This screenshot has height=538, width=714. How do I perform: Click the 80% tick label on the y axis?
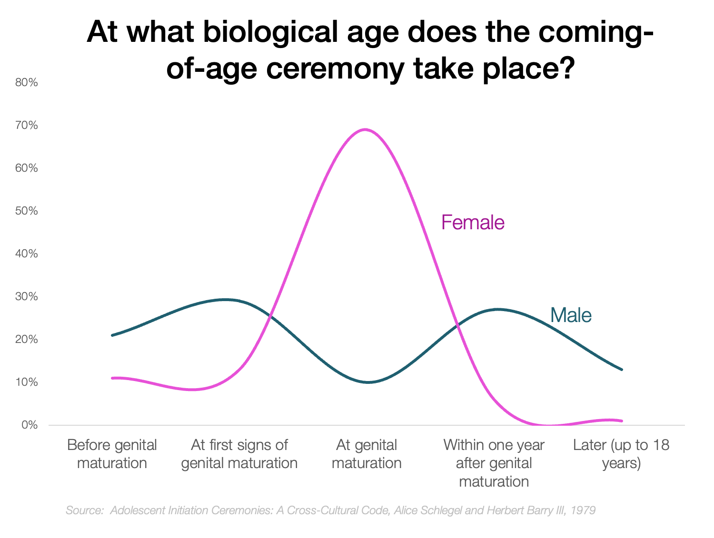click(27, 83)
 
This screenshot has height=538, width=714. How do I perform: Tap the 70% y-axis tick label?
click(27, 126)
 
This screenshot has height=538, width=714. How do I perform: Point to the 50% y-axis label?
click(27, 211)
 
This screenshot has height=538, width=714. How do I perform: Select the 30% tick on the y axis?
click(27, 297)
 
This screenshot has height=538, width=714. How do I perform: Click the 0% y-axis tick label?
click(30, 425)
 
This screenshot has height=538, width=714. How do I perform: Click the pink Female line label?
click(473, 223)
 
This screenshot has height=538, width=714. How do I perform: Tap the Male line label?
click(571, 315)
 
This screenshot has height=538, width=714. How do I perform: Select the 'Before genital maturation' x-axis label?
click(112, 454)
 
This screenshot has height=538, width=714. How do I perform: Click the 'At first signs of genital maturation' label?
click(239, 454)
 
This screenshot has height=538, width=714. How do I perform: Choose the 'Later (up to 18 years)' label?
click(621, 454)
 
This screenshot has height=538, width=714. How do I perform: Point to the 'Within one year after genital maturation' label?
click(494, 463)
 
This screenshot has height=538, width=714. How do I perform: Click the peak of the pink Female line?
click(365, 129)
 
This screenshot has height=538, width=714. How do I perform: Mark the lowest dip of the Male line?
click(368, 382)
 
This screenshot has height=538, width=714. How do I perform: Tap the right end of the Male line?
click(622, 370)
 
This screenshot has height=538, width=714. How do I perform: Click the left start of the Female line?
click(112, 378)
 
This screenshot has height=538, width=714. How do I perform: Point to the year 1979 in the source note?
click(583, 510)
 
